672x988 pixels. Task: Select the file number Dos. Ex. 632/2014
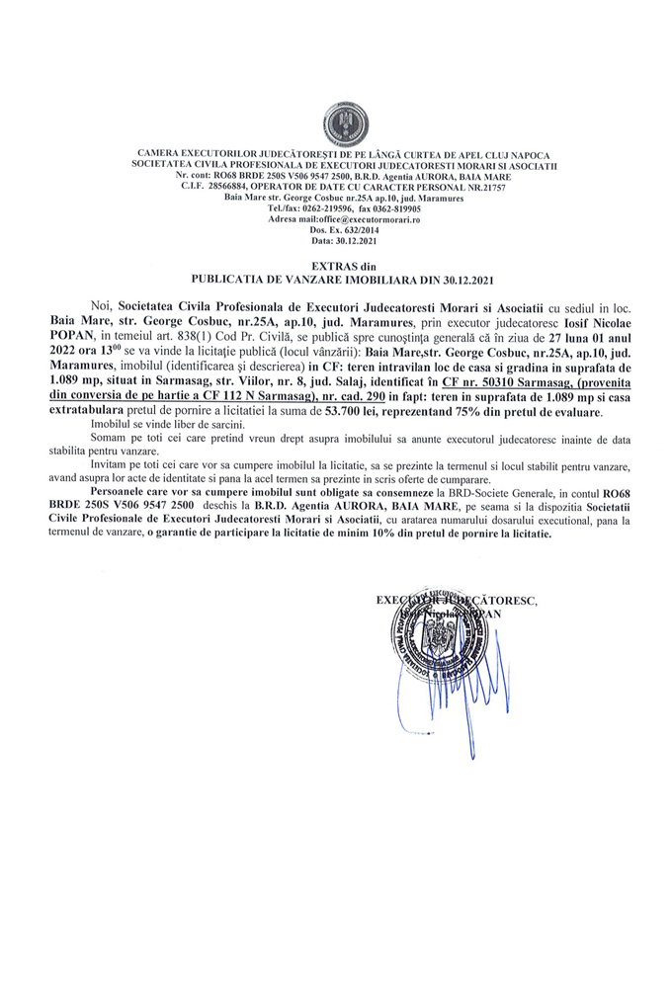point(336,229)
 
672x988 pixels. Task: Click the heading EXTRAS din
point(336,267)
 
